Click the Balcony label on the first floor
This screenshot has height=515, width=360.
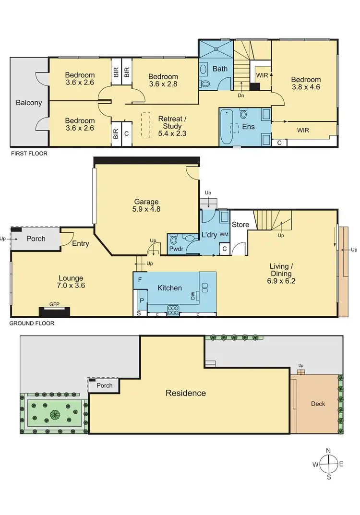pos(29,102)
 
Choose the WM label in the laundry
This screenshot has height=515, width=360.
pos(224,234)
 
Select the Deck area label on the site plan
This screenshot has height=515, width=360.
pos(318,404)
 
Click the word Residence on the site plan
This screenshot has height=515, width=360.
pos(185,393)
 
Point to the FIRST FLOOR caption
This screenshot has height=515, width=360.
pos(28,154)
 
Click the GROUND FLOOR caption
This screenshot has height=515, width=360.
pos(32,323)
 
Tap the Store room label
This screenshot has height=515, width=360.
pos(240,225)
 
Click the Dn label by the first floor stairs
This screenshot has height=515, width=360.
pos(240,95)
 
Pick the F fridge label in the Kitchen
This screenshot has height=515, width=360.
pos(140,279)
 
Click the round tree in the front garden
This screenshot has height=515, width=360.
pos(54,413)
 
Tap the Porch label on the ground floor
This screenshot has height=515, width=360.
pos(36,239)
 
